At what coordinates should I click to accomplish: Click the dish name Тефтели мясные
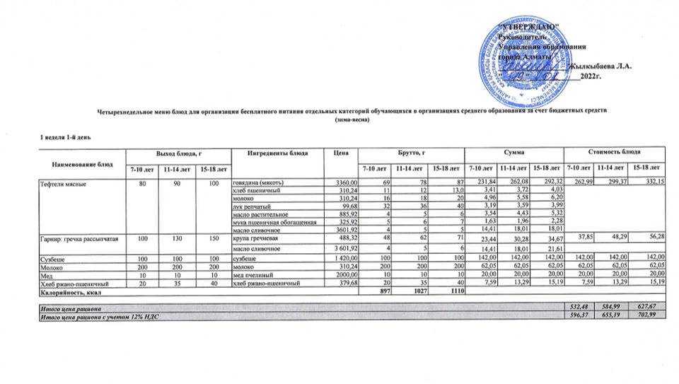pyautogui.click(x=61, y=184)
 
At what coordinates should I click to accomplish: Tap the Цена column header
pyautogui.click(x=343, y=153)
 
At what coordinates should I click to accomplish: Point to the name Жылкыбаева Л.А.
pyautogui.click(x=601, y=66)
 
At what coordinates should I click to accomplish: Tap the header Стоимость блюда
pyautogui.click(x=613, y=153)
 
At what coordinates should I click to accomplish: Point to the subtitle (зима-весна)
pyautogui.click(x=352, y=119)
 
